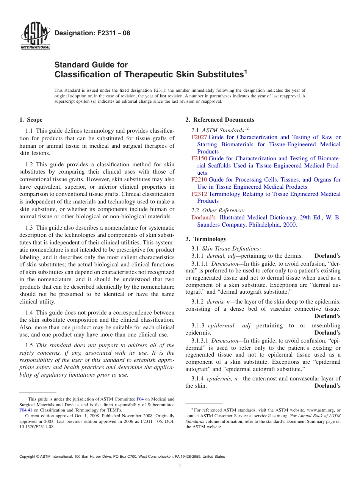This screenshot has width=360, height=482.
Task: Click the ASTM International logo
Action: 35,36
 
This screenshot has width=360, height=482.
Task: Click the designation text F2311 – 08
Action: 92,33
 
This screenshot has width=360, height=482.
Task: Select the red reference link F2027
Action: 199,137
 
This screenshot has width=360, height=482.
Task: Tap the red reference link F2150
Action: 199,158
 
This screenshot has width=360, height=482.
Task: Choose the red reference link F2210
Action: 199,180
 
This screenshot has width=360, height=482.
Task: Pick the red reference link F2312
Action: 199,194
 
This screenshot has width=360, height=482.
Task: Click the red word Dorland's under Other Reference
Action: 203,218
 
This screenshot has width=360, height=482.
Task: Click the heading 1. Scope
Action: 31,120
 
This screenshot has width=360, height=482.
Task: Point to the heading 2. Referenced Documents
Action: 220,120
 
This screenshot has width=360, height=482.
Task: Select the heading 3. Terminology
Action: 206,239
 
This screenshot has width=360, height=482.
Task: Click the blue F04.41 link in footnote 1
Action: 26,410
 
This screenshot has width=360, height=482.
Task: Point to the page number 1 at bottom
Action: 180,466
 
